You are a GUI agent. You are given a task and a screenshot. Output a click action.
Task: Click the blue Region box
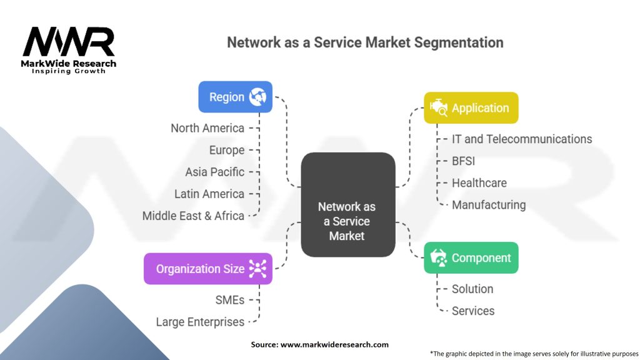[x=235, y=97]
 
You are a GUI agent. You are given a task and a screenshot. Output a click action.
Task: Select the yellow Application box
[x=471, y=107]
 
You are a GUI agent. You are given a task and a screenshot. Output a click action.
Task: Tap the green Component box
[x=471, y=257]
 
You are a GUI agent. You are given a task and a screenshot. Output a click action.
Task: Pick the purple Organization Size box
[x=207, y=269]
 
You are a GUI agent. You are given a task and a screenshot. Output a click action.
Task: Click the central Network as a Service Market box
[x=347, y=204]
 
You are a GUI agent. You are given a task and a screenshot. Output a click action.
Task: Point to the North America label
[x=207, y=128]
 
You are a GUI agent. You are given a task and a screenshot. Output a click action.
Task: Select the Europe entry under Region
[x=226, y=150]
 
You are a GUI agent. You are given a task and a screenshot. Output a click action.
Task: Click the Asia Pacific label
[x=215, y=172]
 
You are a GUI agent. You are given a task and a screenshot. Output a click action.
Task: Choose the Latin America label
[x=209, y=194]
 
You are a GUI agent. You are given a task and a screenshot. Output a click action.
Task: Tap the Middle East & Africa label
[x=193, y=216]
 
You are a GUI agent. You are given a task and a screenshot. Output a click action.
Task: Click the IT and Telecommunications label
[x=522, y=139]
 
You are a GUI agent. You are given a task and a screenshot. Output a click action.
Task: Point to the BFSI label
[x=463, y=161]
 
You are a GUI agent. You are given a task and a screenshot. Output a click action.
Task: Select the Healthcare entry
[x=479, y=183]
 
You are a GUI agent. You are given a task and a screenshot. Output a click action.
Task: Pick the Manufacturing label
[x=489, y=205]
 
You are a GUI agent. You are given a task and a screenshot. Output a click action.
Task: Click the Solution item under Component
[x=472, y=289]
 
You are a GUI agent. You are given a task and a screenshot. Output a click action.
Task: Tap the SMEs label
[x=230, y=300]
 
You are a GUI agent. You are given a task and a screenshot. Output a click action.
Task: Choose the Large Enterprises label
[x=200, y=322]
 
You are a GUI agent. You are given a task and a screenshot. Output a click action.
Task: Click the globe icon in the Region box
[x=258, y=97]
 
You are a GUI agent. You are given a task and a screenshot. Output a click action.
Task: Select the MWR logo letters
[x=69, y=41]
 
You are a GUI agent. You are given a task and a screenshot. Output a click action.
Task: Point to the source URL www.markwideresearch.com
[x=334, y=344]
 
